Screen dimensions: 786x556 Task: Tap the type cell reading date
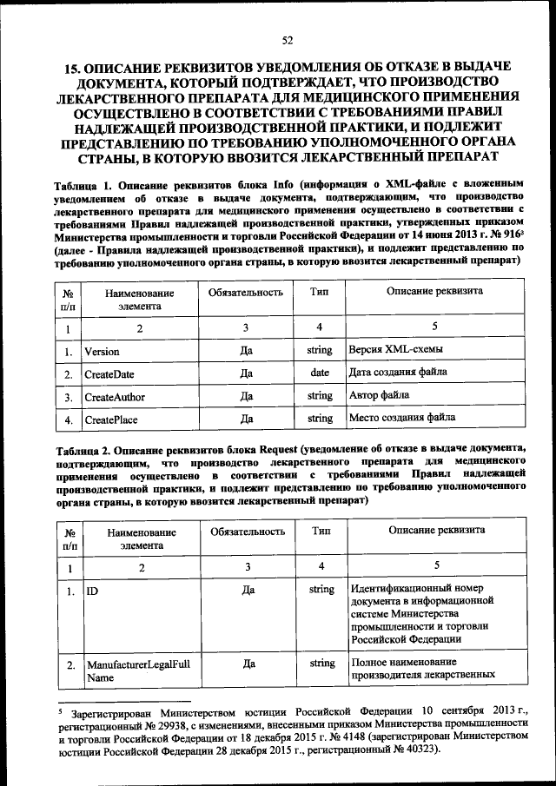click(320, 373)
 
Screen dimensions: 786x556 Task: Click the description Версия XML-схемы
click(394, 350)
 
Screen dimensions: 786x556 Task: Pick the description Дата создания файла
click(398, 373)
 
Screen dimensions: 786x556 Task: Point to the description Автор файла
click(379, 396)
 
